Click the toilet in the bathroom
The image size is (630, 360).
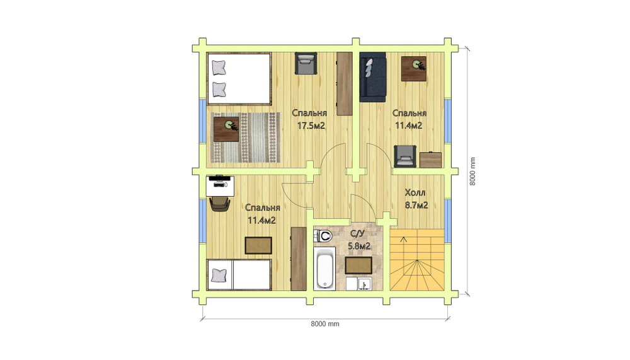[324, 236]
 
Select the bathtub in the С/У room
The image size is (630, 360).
[324, 269]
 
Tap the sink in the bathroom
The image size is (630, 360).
[364, 284]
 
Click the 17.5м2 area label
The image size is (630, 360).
[311, 126]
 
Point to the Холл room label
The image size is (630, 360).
[415, 193]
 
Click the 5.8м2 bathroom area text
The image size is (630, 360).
[359, 246]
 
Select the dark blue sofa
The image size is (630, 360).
[373, 76]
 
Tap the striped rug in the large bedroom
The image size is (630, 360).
[245, 137]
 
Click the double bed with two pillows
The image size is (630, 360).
[239, 79]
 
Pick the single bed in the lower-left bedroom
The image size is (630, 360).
[239, 274]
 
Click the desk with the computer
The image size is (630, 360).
[220, 185]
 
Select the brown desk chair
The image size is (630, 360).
[220, 204]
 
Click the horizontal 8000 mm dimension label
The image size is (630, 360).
[325, 324]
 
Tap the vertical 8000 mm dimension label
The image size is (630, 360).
[472, 171]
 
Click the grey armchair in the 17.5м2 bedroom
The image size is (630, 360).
[306, 64]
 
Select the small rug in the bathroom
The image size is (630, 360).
[358, 265]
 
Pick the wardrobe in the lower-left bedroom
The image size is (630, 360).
[299, 258]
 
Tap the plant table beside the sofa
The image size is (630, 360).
[414, 68]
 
